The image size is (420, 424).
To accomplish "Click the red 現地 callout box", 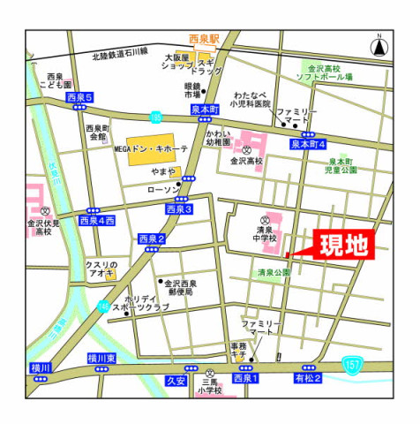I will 343,245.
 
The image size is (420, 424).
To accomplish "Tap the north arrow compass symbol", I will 378,44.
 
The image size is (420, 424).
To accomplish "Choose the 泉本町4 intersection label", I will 309,143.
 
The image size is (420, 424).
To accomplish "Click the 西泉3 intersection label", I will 178,209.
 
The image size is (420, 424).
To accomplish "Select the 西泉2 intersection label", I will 151,238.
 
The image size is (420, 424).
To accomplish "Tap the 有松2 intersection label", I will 308,378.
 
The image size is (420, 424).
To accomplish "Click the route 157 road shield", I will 353,362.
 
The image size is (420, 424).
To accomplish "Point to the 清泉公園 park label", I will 274,273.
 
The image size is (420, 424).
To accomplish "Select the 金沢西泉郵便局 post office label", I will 180,288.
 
